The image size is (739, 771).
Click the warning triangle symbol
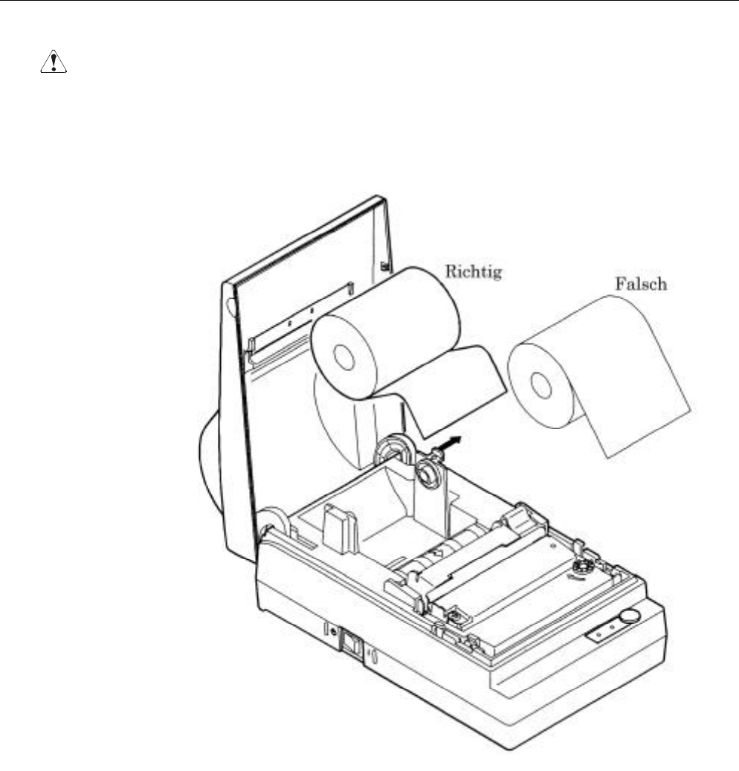pyautogui.click(x=53, y=63)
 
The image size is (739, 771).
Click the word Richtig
pyautogui.click(x=474, y=271)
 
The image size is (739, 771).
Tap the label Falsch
pyautogui.click(x=640, y=284)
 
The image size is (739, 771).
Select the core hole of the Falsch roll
pyautogui.click(x=541, y=385)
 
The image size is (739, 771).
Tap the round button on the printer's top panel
pyautogui.click(x=630, y=615)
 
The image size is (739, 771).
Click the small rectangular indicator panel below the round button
pyautogui.click(x=604, y=631)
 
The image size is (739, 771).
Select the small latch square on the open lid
pyautogui.click(x=384, y=265)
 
